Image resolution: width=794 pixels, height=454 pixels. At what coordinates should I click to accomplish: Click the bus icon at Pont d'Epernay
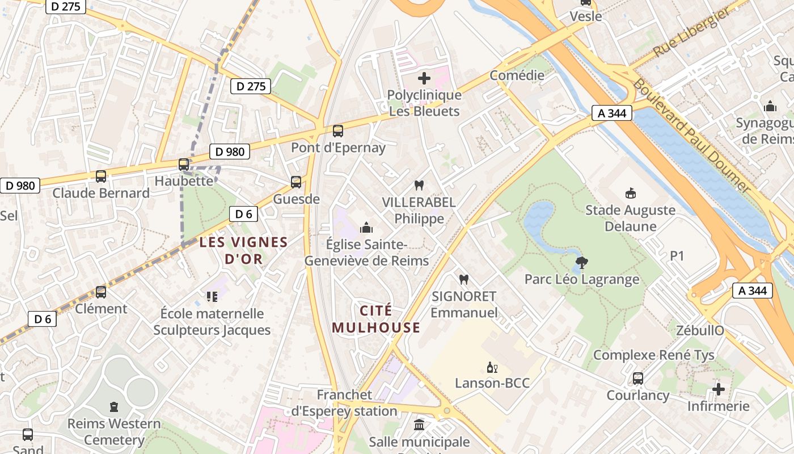point(338,131)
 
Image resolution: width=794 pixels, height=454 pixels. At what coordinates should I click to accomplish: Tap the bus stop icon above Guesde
point(296,182)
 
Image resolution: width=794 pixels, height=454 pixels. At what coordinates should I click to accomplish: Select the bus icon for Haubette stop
point(184,165)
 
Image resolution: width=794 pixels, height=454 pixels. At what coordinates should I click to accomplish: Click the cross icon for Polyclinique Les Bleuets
point(424,78)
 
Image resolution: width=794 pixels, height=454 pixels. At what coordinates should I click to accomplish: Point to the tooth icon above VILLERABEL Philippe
point(419,185)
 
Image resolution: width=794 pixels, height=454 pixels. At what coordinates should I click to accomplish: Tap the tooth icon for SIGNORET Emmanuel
point(463,279)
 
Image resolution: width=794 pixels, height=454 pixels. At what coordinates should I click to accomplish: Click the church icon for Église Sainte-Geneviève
point(366,228)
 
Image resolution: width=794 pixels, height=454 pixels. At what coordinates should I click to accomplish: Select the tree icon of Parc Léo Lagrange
point(581,262)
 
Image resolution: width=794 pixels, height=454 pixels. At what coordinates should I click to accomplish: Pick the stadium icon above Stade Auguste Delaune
point(630,194)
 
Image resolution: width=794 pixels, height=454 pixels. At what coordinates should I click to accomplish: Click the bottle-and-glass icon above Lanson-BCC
point(492,367)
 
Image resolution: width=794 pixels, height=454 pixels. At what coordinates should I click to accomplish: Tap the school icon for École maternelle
point(212,296)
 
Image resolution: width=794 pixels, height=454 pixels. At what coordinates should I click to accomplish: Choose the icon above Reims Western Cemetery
point(114,407)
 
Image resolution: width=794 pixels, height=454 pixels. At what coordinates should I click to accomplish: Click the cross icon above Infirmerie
point(719,389)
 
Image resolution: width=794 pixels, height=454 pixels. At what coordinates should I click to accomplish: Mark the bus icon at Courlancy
point(638,379)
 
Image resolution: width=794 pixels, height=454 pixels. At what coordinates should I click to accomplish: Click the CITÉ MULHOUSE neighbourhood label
point(376,319)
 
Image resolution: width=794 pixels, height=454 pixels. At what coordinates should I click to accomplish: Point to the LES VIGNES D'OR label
point(243,250)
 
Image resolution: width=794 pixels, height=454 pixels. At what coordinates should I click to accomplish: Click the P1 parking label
point(677,256)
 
